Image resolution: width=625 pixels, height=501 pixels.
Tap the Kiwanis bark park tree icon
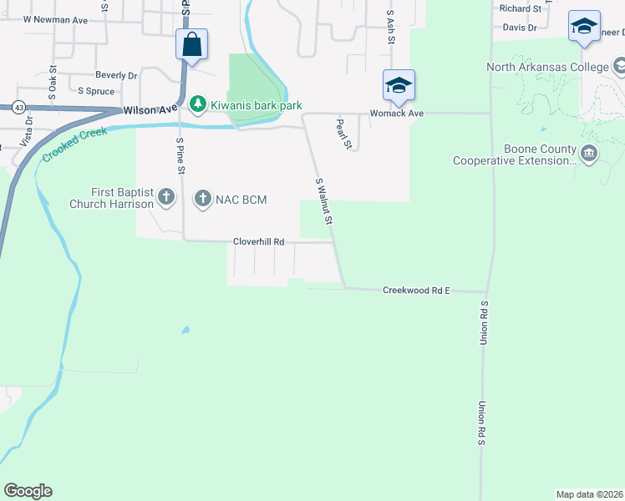(198, 104)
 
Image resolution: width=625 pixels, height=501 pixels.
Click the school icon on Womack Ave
(399, 84)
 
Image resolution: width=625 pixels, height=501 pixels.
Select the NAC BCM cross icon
(202, 199)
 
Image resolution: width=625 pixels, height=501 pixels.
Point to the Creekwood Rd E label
(416, 291)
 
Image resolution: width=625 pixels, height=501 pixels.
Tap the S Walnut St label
(324, 201)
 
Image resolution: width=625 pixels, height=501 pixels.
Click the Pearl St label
(342, 134)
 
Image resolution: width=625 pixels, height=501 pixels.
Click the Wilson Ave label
(150, 109)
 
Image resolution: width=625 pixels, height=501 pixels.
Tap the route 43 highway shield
(18, 107)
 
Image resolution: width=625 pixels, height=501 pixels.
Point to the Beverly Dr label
(115, 75)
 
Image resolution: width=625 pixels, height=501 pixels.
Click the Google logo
(28, 491)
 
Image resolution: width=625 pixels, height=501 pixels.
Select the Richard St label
(520, 8)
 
